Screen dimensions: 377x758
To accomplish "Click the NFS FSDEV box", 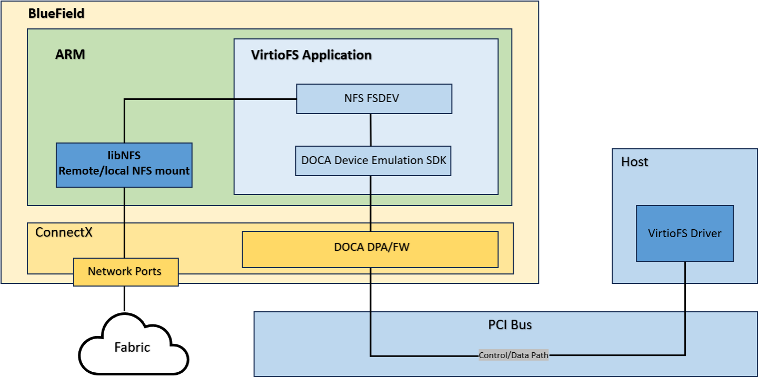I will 374,99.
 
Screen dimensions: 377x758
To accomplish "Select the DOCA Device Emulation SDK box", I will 373,160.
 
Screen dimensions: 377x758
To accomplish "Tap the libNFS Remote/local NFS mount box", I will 124,165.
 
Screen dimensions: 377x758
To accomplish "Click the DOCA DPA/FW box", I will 370,249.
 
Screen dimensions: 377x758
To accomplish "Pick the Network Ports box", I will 125,272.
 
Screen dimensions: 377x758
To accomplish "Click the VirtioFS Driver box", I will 684,233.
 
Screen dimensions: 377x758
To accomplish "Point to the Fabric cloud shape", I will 132,347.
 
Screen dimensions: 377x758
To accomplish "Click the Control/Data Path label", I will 513,355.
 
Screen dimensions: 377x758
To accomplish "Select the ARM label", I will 70,55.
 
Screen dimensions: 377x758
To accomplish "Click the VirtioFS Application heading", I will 312,55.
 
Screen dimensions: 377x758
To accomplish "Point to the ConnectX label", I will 64,232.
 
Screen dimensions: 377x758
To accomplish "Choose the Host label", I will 634,161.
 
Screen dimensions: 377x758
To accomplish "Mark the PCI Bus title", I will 510,324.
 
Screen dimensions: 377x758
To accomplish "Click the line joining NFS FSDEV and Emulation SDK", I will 371,130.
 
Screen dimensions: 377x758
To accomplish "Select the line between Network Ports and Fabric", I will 124,299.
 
